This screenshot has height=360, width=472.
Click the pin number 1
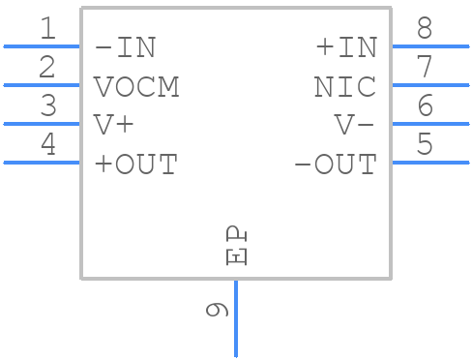tap(47, 29)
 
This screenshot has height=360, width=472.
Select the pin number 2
tap(47, 68)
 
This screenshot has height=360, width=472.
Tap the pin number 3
tap(47, 106)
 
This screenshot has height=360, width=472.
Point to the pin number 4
tap(47, 145)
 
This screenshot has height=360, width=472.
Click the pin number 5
tap(425, 145)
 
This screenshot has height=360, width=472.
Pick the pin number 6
tap(425, 106)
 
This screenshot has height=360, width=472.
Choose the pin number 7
tap(425, 68)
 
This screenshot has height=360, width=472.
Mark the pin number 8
tap(425, 29)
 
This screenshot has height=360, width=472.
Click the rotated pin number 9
tap(218, 310)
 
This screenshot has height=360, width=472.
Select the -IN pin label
tap(125, 47)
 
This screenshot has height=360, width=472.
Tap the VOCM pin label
tap(136, 86)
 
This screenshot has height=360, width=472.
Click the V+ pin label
tap(114, 125)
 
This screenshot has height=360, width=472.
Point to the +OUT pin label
tap(136, 164)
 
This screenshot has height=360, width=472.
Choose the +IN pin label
tap(345, 47)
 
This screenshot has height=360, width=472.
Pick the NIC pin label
tap(345, 86)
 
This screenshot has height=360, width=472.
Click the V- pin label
tap(355, 125)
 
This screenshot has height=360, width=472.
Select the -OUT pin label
tap(335, 164)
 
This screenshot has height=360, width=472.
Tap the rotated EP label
tap(237, 247)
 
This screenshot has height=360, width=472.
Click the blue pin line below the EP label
tap(236, 318)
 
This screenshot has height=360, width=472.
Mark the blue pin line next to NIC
tap(429, 85)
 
